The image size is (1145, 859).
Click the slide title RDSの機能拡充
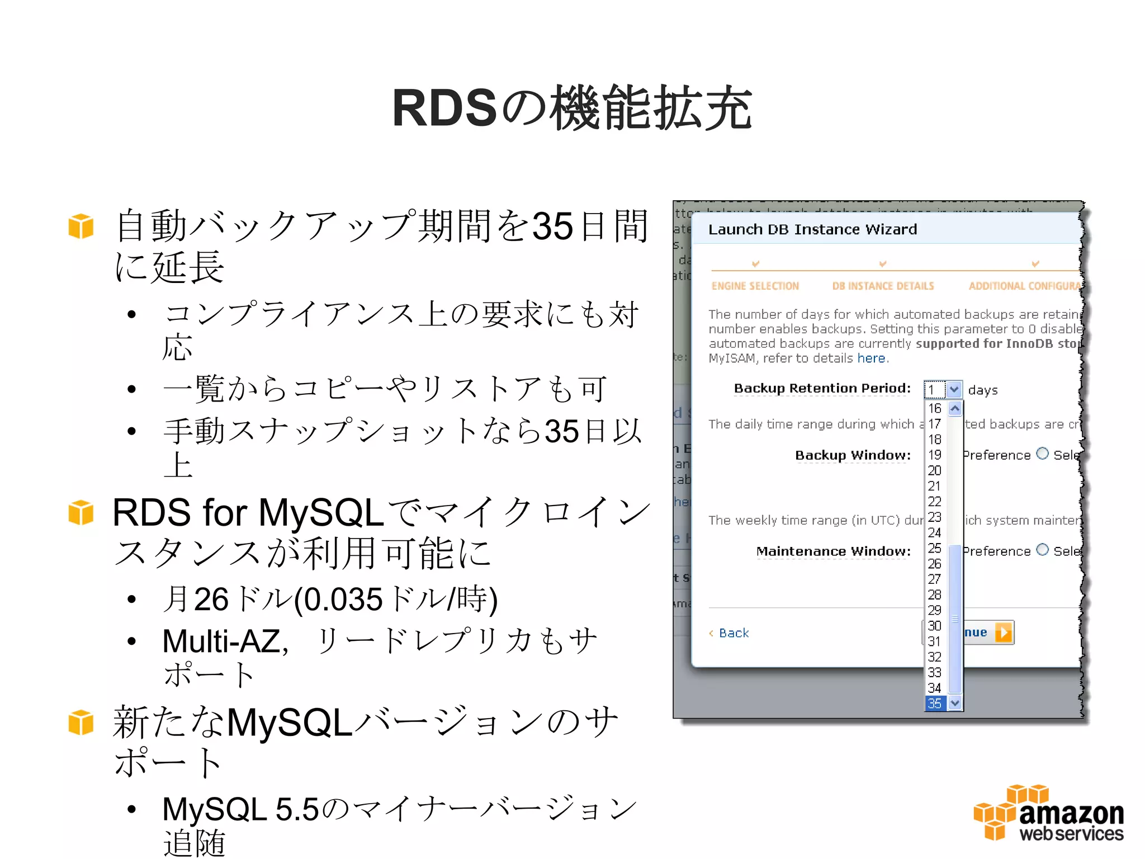click(571, 108)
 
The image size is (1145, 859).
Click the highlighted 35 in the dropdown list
click(935, 703)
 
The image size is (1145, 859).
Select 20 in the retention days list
click(935, 470)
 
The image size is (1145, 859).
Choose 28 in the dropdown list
click(935, 594)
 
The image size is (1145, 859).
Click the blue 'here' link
click(871, 358)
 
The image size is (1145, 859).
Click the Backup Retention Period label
click(822, 388)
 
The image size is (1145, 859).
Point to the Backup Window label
click(853, 455)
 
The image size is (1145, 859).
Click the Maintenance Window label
click(833, 551)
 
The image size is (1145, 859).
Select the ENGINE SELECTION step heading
click(755, 286)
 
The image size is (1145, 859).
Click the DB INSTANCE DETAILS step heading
click(883, 286)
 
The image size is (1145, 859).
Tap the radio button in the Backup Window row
click(1042, 454)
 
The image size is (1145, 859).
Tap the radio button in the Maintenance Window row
click(1042, 550)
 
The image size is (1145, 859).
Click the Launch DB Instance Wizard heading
click(812, 229)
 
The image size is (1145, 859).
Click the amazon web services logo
click(1048, 813)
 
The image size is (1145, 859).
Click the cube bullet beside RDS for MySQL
click(81, 512)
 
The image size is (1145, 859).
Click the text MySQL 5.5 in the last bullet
click(240, 809)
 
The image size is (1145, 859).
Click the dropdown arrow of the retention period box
click(954, 389)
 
